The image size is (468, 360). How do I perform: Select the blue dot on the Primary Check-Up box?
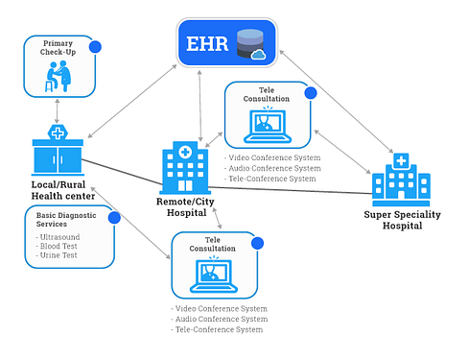pos(95,46)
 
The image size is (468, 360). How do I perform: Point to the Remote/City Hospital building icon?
pos(182,166)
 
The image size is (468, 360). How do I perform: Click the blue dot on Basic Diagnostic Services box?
pos(114,218)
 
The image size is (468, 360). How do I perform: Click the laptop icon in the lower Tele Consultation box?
pos(215,276)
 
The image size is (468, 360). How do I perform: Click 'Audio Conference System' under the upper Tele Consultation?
pos(270,169)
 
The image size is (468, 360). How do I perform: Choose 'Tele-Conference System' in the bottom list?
pos(218,330)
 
